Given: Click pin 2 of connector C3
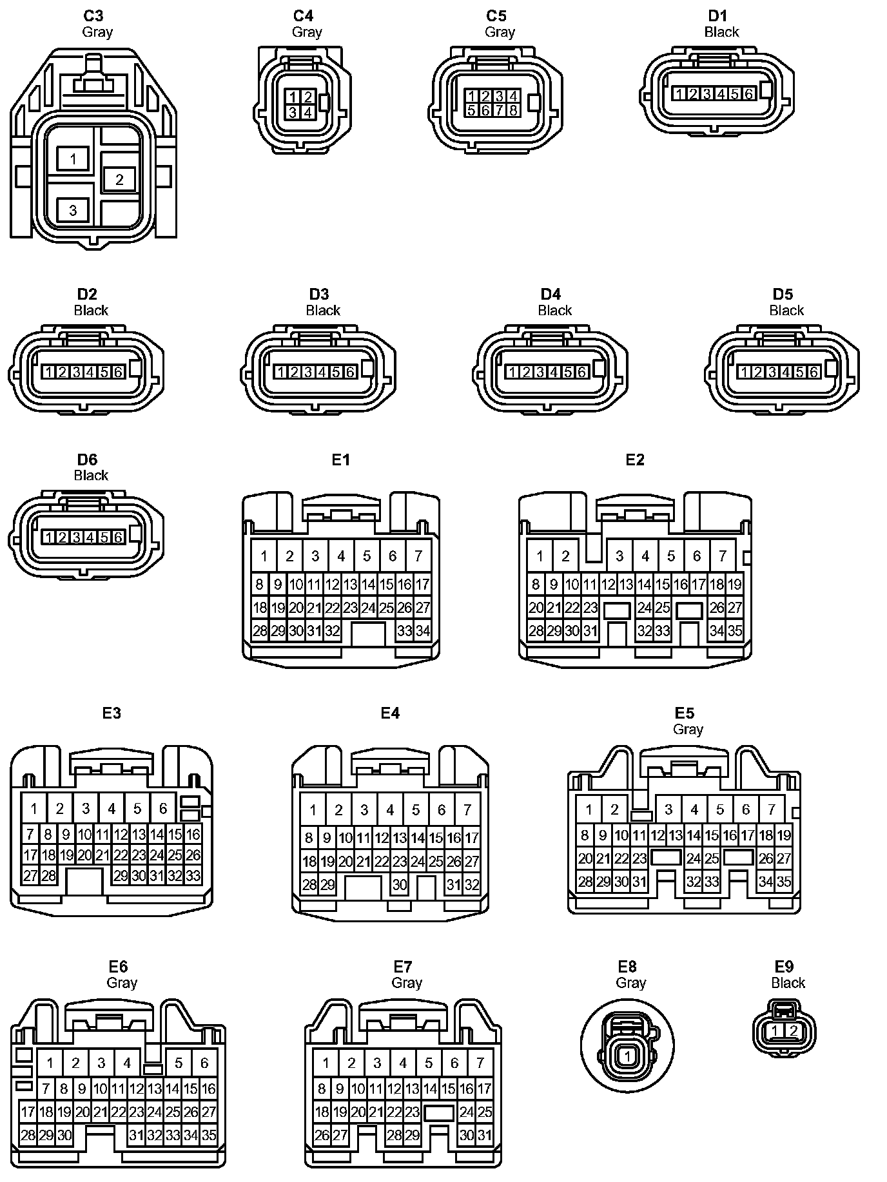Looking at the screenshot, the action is click(x=119, y=179).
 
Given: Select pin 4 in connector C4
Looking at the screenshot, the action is click(x=308, y=112).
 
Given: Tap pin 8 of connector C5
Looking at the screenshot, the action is click(x=513, y=110).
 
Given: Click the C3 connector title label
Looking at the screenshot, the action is click(x=93, y=15).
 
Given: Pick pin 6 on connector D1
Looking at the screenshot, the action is click(x=748, y=94).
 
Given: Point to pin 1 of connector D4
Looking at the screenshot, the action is click(x=512, y=372).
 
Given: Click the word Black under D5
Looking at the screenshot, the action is click(x=786, y=311).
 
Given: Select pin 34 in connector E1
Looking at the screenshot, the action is click(x=422, y=630).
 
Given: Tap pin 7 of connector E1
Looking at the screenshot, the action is click(x=418, y=556).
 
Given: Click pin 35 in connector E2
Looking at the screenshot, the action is click(x=735, y=630).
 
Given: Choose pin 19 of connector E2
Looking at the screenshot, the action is click(x=735, y=585).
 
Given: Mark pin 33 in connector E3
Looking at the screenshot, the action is click(x=193, y=876).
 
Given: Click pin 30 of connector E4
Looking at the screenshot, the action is click(x=400, y=885).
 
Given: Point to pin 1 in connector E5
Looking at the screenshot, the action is click(x=589, y=809).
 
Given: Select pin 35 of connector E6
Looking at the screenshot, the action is click(x=209, y=1135).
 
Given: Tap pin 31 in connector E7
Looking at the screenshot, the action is click(x=485, y=1135).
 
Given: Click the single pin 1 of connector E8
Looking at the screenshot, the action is click(x=627, y=1056).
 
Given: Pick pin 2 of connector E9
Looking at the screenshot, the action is click(x=794, y=1031).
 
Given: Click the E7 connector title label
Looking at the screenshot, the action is click(x=403, y=967).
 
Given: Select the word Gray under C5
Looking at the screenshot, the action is click(x=500, y=32).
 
